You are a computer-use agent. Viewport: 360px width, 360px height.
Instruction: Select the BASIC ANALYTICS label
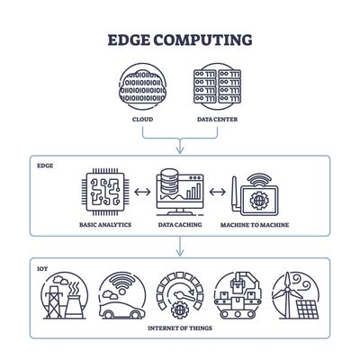[106, 225]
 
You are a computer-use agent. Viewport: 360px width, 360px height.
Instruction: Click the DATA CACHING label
[179, 225]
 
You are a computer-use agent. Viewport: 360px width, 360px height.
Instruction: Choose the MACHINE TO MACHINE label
[254, 225]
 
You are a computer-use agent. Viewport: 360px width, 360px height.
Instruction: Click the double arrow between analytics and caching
[142, 192]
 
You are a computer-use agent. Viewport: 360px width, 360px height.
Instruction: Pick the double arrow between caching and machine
[216, 192]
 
